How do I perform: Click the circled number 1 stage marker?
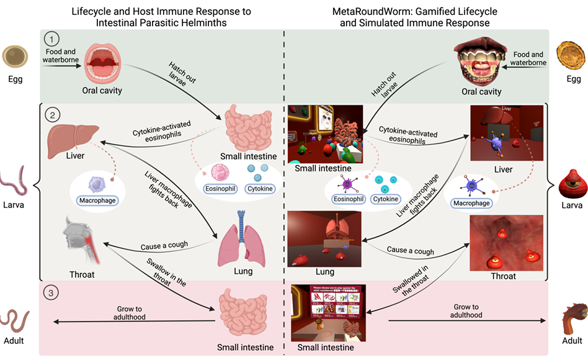pos(54,39)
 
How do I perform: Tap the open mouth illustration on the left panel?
pos(101,63)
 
